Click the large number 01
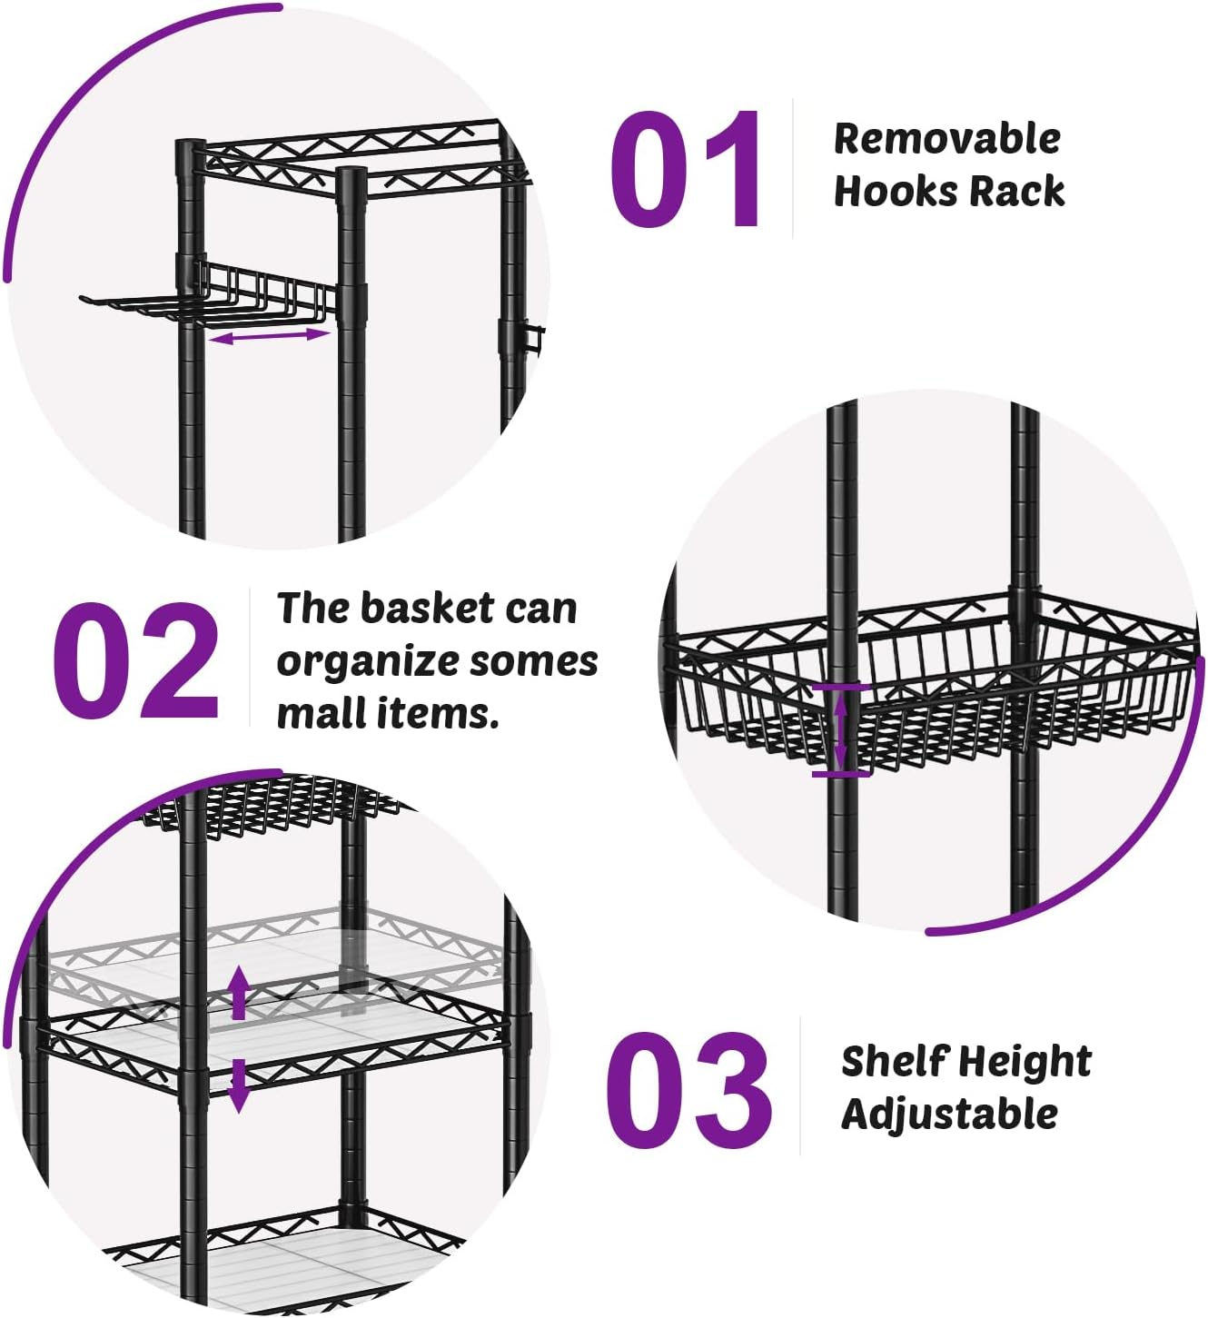click(687, 170)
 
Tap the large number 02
click(136, 660)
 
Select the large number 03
click(688, 1090)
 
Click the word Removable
click(946, 139)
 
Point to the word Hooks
click(896, 192)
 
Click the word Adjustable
click(949, 1114)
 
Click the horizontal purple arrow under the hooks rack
click(269, 336)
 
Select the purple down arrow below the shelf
click(239, 1085)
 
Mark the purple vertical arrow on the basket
click(841, 730)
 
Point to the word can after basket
click(540, 609)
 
